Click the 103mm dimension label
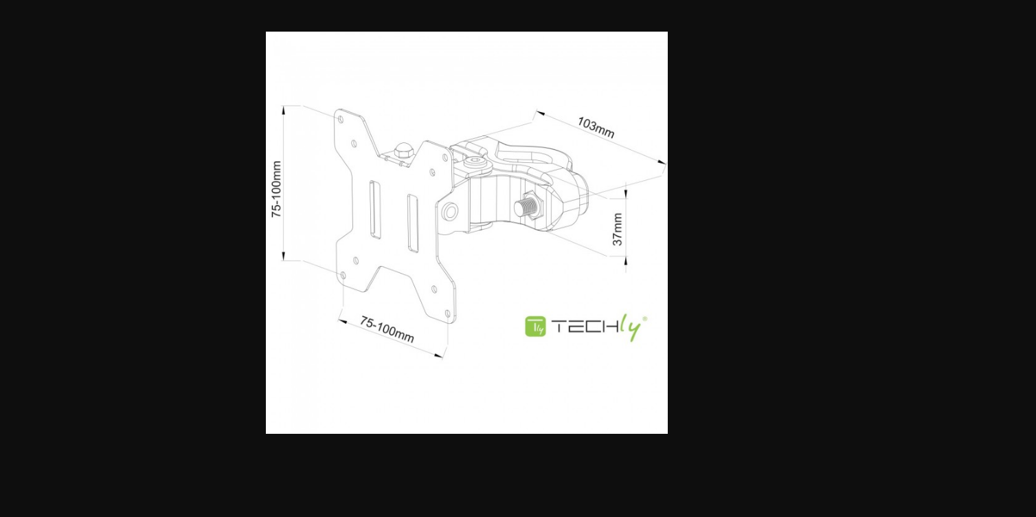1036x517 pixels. [596, 127]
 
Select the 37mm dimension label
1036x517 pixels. [618, 229]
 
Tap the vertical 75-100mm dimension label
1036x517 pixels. [276, 189]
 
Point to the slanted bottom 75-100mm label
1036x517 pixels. [387, 329]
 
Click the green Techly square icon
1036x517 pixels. [535, 327]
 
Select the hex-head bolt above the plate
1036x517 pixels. [403, 151]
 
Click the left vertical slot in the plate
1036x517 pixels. [374, 210]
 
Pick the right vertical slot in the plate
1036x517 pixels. [413, 223]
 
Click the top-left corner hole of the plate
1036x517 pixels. [341, 120]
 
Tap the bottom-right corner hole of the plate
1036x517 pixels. [447, 313]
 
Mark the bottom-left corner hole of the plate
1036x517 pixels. [344, 276]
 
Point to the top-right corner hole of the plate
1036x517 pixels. [445, 158]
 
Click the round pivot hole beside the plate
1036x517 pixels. [449, 212]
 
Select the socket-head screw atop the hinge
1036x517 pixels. [475, 162]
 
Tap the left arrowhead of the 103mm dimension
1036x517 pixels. [539, 113]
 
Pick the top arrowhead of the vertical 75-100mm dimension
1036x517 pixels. [284, 111]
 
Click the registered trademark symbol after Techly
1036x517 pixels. [644, 318]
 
